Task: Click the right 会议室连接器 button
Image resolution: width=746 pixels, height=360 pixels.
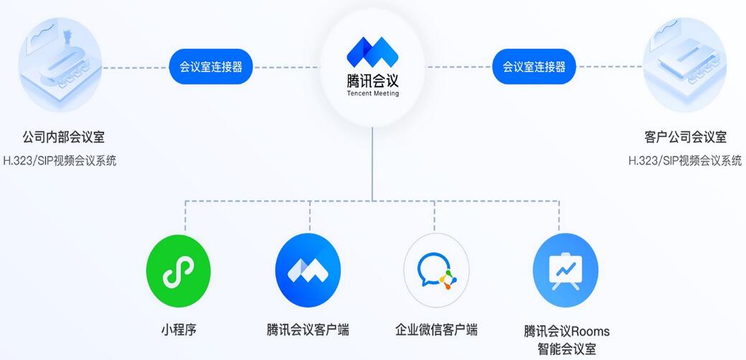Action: pos(534,67)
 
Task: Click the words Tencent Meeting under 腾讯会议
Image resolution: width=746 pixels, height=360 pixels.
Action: pos(372,93)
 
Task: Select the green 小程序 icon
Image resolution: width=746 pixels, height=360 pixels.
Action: pos(178,270)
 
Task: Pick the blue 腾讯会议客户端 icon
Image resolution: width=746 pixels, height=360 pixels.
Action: pos(307,270)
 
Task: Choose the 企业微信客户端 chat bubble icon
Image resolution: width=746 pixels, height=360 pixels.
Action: pos(436,270)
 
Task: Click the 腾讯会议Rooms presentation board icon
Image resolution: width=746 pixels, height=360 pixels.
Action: pos(565,270)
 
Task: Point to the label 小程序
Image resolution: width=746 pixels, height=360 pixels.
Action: pos(178,330)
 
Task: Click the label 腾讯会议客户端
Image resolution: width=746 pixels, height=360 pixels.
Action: pos(307,330)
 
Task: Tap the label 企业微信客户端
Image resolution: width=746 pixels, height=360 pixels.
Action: pos(436,330)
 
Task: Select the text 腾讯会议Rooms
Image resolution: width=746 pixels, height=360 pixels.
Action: pos(566,331)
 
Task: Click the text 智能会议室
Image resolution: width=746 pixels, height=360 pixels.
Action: pos(566,349)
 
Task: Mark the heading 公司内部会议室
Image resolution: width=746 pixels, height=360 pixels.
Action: pos(59,137)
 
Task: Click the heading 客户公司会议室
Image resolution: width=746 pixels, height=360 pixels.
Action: pos(684,137)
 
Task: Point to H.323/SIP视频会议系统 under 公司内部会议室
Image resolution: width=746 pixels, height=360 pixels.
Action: pos(59,161)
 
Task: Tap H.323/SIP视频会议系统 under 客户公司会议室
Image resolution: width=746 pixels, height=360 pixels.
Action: pos(685,161)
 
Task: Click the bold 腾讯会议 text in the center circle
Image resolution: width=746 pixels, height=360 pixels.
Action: pos(372,80)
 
